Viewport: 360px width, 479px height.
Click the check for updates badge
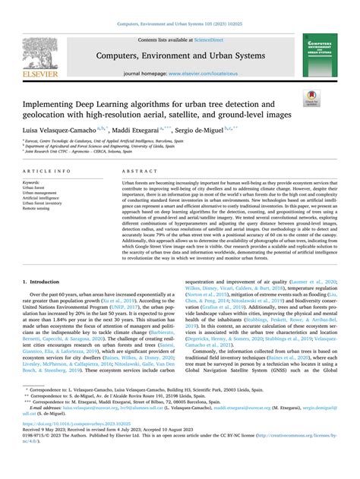point(311,97)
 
